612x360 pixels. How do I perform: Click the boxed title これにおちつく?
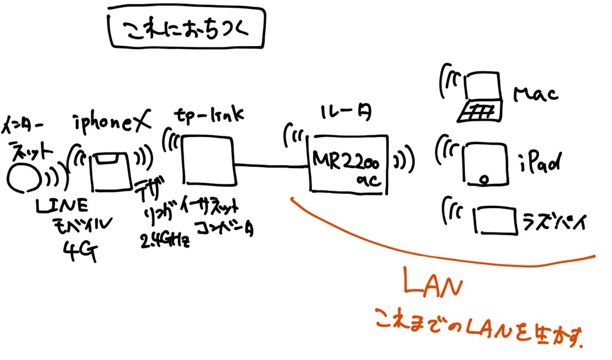[186, 29]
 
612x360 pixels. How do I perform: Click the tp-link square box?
[207, 160]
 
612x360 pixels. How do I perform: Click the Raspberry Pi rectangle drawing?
[495, 220]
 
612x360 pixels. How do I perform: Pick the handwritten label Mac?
[535, 93]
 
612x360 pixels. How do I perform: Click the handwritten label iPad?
[538, 162]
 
